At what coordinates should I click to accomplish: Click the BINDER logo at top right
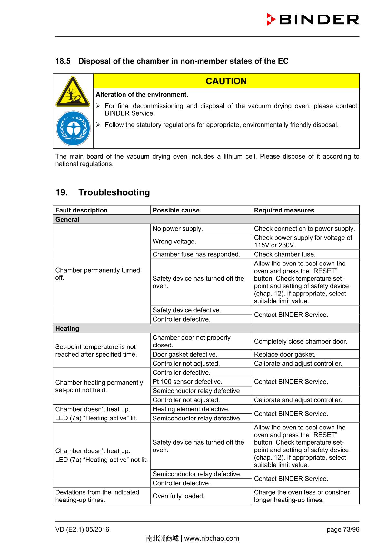(313, 20)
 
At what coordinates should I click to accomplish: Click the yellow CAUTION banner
(226, 81)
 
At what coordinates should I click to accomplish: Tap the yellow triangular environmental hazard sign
(73, 92)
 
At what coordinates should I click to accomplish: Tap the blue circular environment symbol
(73, 129)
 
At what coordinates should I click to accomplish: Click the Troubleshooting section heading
(114, 192)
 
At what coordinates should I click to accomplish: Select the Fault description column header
(82, 210)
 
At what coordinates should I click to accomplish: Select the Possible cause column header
(176, 210)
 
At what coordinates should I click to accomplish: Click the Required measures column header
(284, 210)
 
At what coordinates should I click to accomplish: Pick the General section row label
(67, 220)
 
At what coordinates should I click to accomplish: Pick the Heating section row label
(67, 328)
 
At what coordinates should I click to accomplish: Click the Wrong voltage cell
(174, 242)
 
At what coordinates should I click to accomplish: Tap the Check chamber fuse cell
(285, 254)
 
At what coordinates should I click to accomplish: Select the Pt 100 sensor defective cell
(187, 382)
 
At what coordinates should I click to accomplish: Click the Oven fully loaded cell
(178, 496)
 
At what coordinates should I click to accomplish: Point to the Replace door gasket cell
(285, 354)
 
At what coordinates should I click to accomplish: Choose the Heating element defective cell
(191, 409)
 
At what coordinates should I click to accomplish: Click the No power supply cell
(178, 229)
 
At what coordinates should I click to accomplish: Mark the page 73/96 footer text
(343, 529)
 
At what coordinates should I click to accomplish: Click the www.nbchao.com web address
(212, 538)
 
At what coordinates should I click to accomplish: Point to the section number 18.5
(63, 61)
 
